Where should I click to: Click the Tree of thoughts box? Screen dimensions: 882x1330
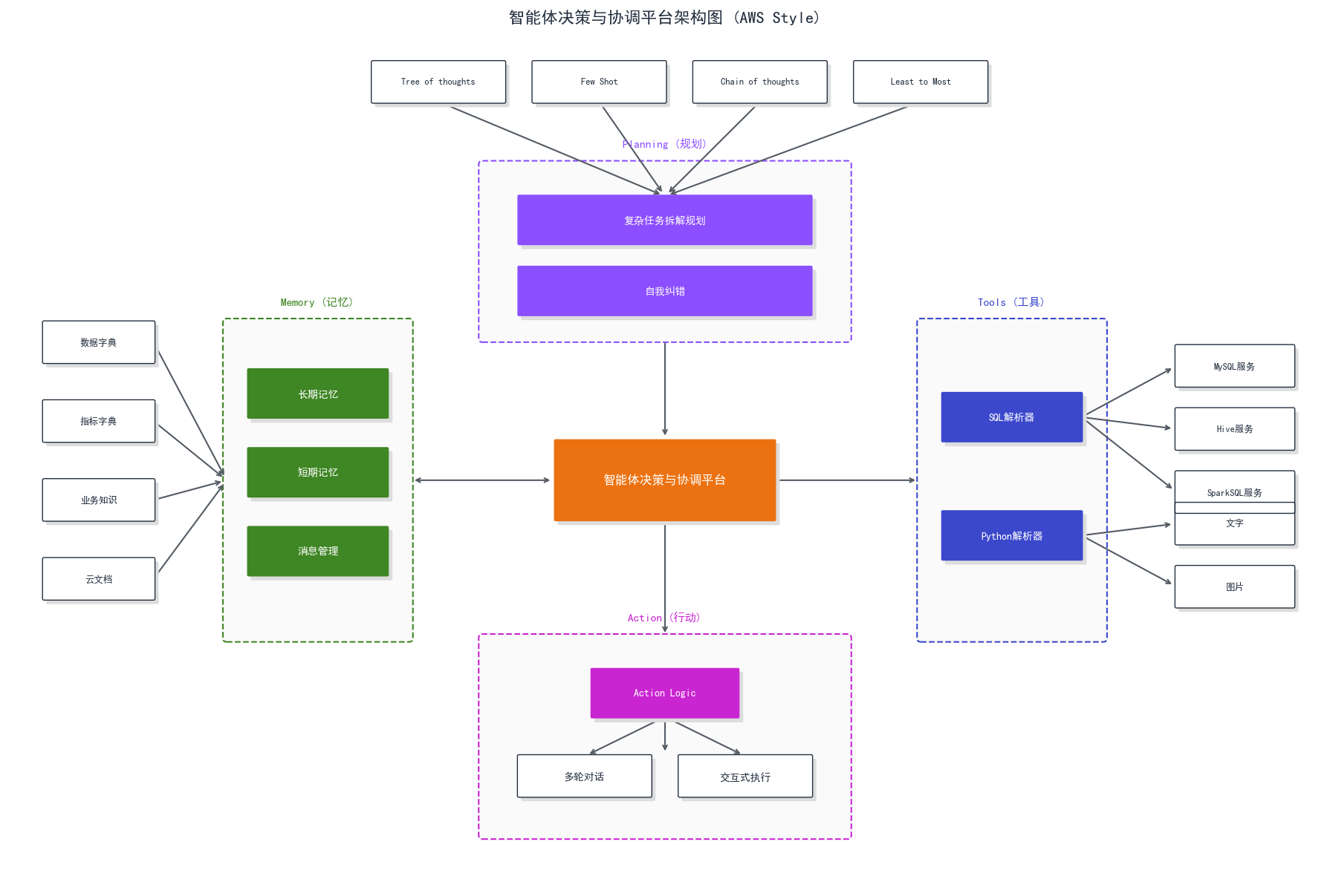pos(438,82)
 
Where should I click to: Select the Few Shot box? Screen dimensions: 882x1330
pos(599,82)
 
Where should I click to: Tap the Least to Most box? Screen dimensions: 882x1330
pos(920,82)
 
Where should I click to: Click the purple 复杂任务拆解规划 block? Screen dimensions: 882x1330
pos(664,220)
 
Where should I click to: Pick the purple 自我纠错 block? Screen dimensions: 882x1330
pos(664,291)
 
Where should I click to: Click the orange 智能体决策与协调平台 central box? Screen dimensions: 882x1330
pos(664,480)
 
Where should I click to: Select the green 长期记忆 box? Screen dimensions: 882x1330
pos(318,393)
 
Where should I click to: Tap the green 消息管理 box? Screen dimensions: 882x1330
pos(318,551)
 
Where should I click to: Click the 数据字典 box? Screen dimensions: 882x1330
pos(99,342)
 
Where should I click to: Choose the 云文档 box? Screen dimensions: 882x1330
pos(99,579)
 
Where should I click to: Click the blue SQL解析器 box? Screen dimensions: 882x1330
pos(1011,417)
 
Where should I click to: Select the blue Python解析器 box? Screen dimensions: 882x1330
pos(1011,535)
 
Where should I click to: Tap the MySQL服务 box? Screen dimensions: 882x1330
pos(1234,366)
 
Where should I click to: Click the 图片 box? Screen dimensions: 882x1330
pos(1234,587)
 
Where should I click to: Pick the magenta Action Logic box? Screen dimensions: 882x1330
pos(664,693)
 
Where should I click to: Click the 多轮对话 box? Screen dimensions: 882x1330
pos(584,777)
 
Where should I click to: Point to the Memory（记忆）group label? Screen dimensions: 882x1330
pos(317,302)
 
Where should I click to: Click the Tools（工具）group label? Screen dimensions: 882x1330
pos(1011,302)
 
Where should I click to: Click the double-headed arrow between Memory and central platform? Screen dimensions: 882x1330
pos(482,480)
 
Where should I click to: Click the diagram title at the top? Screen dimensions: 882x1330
pos(664,18)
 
